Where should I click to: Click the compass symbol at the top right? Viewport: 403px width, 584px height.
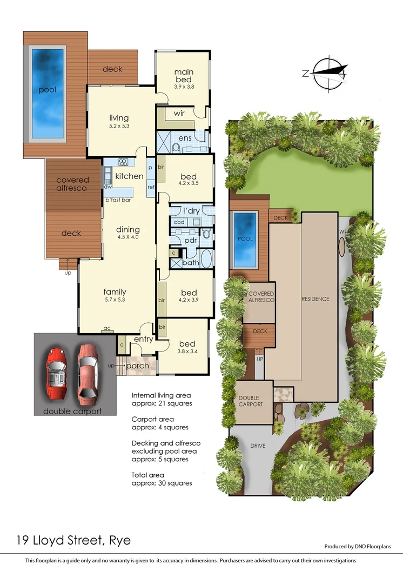326,72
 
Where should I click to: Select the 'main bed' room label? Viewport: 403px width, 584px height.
184,76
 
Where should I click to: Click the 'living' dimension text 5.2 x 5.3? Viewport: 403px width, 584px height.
118,126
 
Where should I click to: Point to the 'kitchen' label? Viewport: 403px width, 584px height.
129,176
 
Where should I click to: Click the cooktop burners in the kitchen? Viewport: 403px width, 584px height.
123,162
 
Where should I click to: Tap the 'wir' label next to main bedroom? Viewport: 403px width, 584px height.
179,114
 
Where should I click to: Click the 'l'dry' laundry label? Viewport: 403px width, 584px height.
191,210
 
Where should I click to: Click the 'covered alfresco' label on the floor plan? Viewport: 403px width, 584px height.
72,184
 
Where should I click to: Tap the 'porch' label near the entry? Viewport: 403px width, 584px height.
137,366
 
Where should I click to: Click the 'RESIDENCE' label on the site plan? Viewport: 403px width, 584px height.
315,299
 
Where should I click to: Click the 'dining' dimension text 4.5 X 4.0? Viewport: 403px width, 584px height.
127,237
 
